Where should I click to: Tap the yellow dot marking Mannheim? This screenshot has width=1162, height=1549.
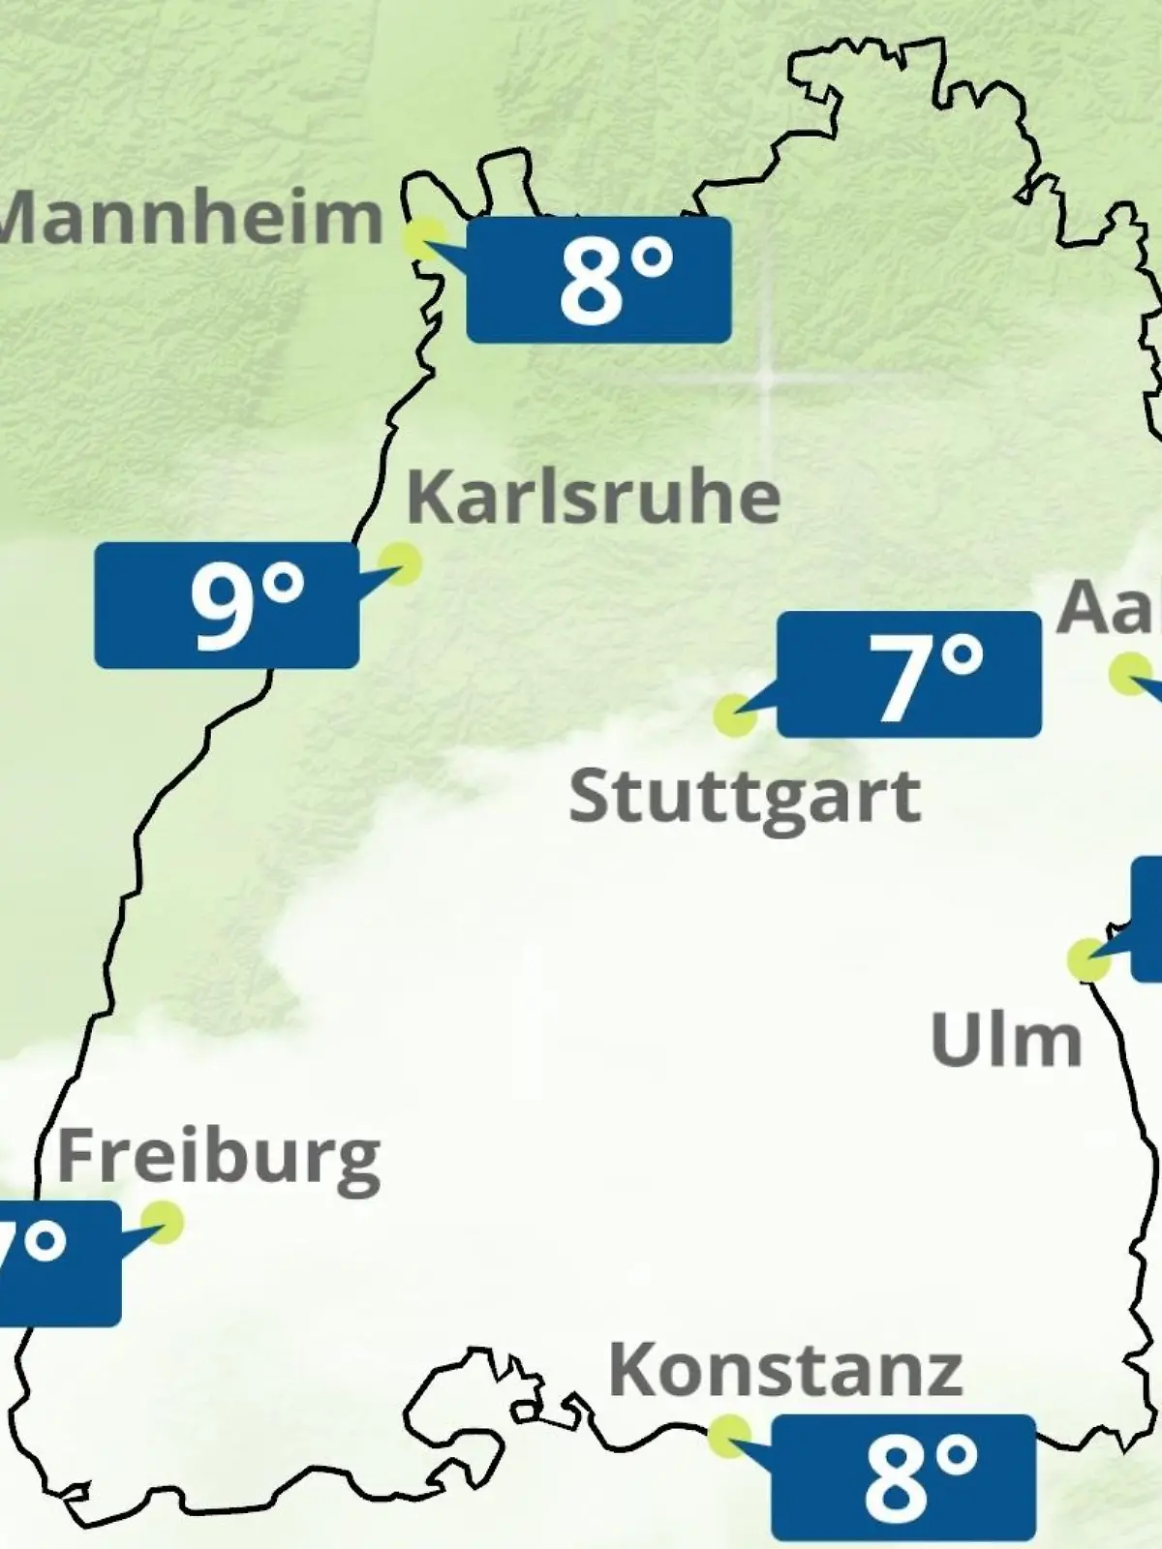424,239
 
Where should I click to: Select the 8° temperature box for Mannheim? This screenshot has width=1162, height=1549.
598,280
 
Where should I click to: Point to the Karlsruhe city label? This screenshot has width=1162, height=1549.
593,498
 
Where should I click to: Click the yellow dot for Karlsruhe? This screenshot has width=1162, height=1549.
399,562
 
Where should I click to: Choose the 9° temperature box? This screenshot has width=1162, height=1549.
227,605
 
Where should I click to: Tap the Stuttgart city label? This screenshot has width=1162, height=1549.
744,798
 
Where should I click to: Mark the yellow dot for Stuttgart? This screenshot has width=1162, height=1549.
734,715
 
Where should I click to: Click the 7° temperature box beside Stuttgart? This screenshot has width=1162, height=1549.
909,674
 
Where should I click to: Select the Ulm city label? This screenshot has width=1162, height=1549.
1005,1041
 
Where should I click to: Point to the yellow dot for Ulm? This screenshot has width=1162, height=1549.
1088,959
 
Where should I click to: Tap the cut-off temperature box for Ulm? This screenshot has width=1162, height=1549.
1147,919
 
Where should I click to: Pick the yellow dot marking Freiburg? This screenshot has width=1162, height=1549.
162,1222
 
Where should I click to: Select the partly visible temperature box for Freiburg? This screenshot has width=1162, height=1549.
58,1262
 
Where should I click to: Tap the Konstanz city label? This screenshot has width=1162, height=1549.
785,1372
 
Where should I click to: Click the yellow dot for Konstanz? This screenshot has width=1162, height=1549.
728,1436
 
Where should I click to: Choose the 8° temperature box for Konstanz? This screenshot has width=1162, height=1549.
903,1477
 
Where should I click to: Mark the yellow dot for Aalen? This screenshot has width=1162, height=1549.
1130,674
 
